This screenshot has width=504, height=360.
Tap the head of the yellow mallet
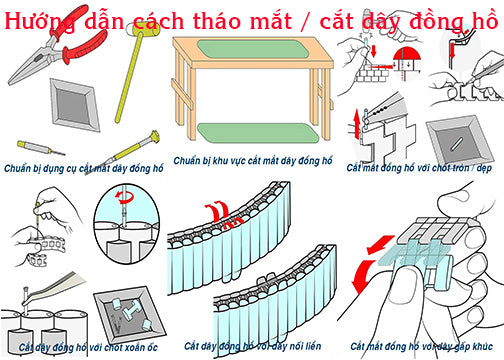click(x=146, y=30)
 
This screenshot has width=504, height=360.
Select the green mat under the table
click(x=258, y=133)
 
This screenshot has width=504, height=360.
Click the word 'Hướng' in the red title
click(x=40, y=22)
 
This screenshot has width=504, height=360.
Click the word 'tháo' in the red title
click(x=218, y=21)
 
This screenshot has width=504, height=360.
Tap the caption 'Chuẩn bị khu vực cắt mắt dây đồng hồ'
click(x=253, y=161)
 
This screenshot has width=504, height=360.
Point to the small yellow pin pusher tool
click(x=41, y=148)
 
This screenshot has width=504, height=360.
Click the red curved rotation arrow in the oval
click(x=124, y=197)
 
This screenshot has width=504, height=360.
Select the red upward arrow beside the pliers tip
click(x=357, y=124)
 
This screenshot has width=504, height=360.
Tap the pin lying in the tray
click(x=456, y=144)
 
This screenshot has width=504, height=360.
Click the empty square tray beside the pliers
click(x=74, y=104)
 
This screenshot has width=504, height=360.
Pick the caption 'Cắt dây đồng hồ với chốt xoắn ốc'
click(x=87, y=348)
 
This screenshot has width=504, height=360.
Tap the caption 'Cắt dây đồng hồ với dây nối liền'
click(x=252, y=346)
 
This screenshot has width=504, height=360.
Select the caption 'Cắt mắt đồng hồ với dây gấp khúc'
click(x=421, y=346)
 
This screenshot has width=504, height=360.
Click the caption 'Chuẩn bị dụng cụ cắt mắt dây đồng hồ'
click(x=84, y=168)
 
